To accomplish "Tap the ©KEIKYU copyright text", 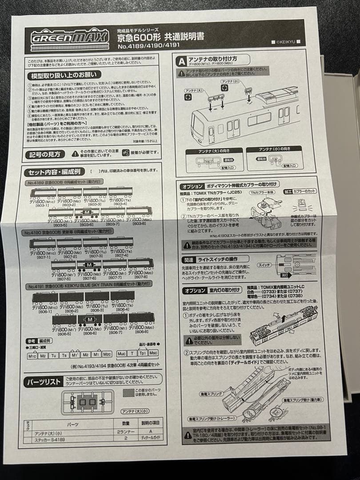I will [286, 42].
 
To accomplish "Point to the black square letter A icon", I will [181, 61].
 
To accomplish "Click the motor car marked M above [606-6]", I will [90, 319].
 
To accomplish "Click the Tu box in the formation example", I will [54, 355].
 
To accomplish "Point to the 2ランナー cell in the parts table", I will [124, 432].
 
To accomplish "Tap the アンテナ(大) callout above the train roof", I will [194, 91].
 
